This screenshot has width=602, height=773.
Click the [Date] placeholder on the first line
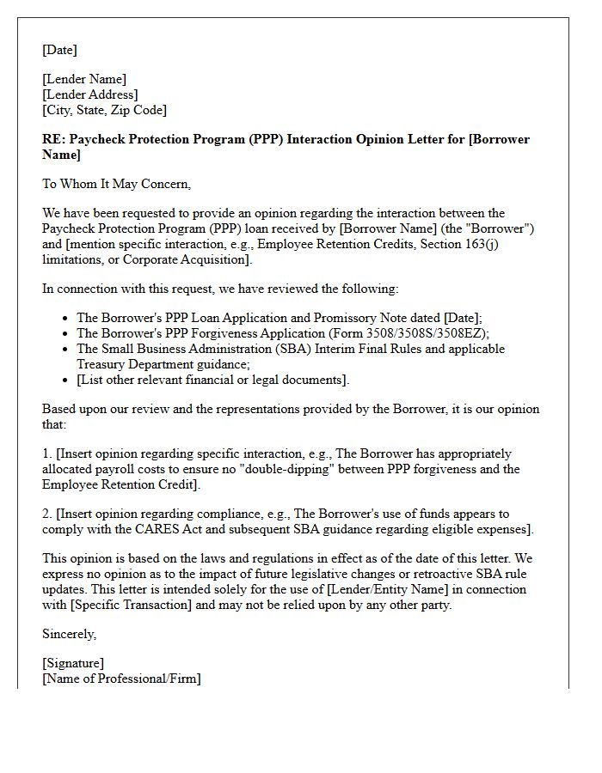tap(59, 50)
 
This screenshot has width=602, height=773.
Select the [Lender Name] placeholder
tap(84, 80)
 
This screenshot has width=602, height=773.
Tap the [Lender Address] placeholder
tap(90, 95)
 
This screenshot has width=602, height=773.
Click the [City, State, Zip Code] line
tap(105, 110)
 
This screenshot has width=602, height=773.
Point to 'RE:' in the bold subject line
tap(53, 139)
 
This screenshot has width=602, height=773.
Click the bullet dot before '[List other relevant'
tap(65, 380)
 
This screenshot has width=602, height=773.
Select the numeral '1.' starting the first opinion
tap(47, 453)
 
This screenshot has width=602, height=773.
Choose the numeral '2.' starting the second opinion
tap(47, 514)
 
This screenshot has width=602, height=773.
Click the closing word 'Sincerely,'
tap(70, 634)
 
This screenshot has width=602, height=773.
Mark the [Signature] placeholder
tap(73, 664)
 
